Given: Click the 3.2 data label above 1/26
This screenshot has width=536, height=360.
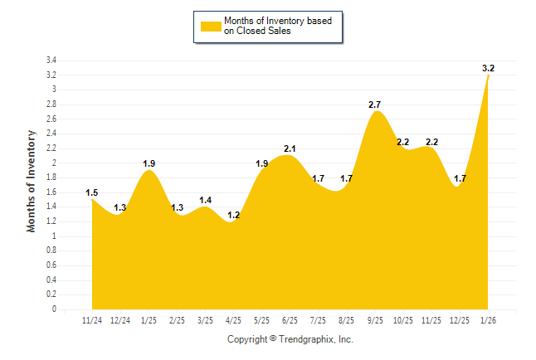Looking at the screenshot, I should click(x=489, y=68).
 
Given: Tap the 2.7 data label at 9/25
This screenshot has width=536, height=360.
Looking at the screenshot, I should click(x=374, y=105).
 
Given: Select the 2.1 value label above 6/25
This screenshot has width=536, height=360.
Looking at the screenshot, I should click(x=290, y=148).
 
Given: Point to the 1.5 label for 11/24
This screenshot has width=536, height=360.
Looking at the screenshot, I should click(x=92, y=193).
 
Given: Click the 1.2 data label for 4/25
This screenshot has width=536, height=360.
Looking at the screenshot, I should click(x=233, y=216).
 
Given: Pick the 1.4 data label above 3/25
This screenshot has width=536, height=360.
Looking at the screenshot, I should click(x=205, y=201).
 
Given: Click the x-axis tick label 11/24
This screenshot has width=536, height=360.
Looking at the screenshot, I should click(x=92, y=319).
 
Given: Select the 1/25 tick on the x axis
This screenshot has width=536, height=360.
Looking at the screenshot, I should click(x=149, y=319).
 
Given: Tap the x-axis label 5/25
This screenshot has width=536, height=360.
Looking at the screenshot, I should click(x=261, y=319).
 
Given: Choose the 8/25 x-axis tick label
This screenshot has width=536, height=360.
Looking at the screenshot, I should click(x=346, y=319).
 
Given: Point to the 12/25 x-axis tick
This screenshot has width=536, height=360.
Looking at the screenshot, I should click(x=459, y=319).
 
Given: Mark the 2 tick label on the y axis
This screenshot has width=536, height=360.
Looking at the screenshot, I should click(x=54, y=163).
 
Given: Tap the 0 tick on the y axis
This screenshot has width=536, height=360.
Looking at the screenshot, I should click(x=54, y=309).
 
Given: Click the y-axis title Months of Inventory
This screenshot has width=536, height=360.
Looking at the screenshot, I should click(x=32, y=181).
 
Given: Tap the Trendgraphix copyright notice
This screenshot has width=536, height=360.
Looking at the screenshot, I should click(x=290, y=339).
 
